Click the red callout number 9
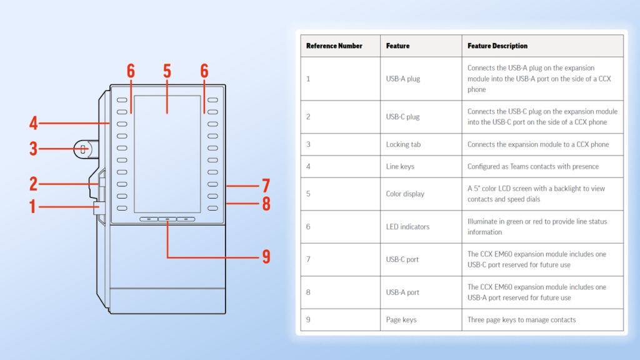[266, 256]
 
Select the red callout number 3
[33, 149]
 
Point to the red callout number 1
[33, 206]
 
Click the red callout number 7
[266, 186]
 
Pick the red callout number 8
[266, 204]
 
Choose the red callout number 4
[33, 123]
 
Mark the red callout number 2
[33, 184]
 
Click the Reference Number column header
[334, 46]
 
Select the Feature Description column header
[497, 46]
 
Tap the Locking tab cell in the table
[403, 144]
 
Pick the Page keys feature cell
[401, 320]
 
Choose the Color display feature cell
[405, 194]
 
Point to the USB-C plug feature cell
[402, 117]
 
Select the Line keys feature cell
[400, 167]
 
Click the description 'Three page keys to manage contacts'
[521, 320]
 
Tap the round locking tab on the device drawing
[82, 149]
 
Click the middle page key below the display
[167, 219]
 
